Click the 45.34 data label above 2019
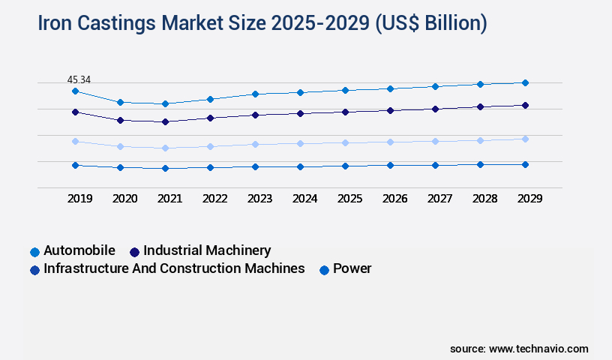[79, 79]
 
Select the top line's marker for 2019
[75, 91]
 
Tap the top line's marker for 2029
[525, 82]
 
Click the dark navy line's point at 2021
[165, 121]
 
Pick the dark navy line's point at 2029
[525, 105]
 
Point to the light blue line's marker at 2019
[75, 141]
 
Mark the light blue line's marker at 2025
[345, 142]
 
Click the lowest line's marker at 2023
[255, 166]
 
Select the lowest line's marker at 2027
[435, 165]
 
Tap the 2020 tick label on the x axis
[124, 199]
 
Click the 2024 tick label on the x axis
[304, 199]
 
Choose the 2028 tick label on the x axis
[484, 199]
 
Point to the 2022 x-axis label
[214, 199]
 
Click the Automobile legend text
[79, 250]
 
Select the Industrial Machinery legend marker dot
[135, 251]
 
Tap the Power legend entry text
[352, 268]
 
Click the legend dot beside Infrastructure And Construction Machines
[34, 269]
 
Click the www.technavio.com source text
[538, 349]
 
